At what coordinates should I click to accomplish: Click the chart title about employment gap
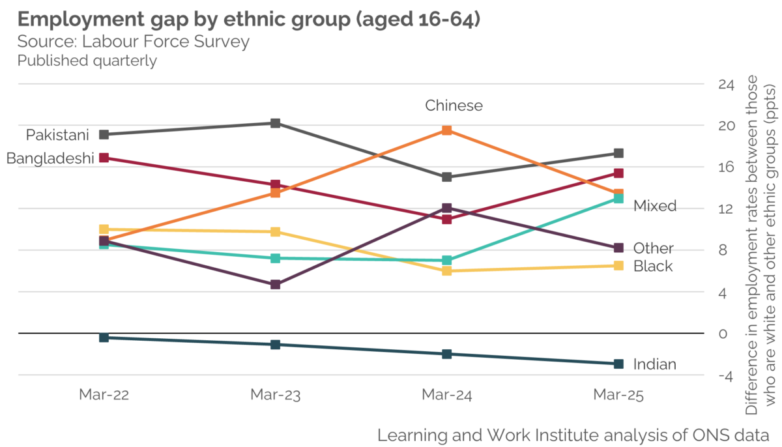tap(249, 20)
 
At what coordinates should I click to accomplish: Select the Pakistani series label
tap(57, 135)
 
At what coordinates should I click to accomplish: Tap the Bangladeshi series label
tap(50, 158)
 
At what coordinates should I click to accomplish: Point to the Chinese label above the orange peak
tap(454, 106)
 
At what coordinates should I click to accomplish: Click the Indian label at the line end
tap(654, 364)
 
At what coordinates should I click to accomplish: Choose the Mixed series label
tap(654, 206)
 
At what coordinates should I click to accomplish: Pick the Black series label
tap(652, 266)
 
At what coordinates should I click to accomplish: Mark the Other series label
tap(653, 248)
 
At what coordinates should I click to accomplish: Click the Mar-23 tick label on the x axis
tap(275, 395)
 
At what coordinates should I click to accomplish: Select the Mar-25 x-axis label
tap(618, 395)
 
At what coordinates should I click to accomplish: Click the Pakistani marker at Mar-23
tap(276, 123)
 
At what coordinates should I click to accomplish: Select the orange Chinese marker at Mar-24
tap(446, 130)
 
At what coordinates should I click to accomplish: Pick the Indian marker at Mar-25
tap(618, 364)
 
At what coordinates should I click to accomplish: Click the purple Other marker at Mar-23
tap(276, 285)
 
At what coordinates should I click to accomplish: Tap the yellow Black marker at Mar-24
tap(446, 270)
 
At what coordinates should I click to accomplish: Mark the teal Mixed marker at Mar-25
tap(618, 198)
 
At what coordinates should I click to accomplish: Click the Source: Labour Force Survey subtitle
tap(134, 42)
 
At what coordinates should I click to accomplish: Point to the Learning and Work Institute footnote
tap(573, 434)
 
